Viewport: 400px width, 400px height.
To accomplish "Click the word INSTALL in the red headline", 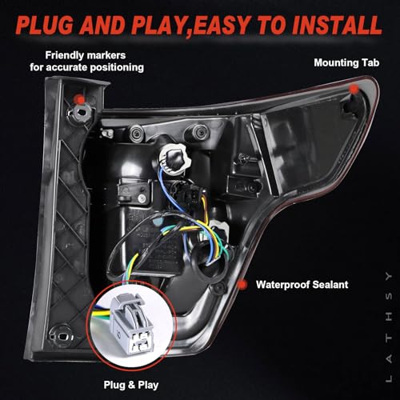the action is [x=337, y=26].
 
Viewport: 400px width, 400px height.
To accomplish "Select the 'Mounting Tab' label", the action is [x=346, y=63].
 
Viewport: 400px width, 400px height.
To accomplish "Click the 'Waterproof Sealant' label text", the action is [x=302, y=285].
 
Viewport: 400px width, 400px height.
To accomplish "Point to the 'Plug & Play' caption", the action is [x=131, y=385].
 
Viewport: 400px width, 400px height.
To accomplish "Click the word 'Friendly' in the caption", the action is [x=64, y=55].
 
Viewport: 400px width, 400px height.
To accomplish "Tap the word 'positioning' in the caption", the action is [x=117, y=67].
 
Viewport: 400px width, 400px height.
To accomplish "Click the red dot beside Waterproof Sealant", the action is [x=242, y=285].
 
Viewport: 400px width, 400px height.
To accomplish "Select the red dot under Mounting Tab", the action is [x=354, y=90].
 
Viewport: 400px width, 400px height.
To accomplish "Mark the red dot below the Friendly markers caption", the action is [x=80, y=99].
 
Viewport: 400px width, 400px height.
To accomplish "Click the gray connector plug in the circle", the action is [x=130, y=323].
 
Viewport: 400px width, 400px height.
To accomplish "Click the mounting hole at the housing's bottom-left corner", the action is [x=61, y=335].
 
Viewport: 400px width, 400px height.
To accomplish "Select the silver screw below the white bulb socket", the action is [x=142, y=198].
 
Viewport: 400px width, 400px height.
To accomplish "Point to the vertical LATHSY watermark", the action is [x=389, y=327].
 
